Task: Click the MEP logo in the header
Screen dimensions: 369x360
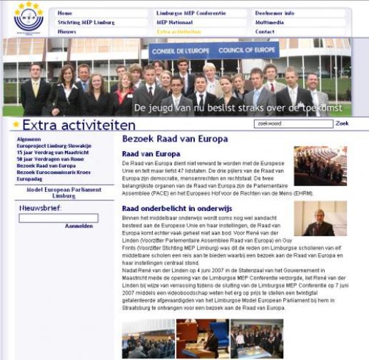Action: tap(28, 18)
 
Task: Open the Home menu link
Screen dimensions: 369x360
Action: tap(65, 14)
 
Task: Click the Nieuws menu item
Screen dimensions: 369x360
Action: tap(67, 32)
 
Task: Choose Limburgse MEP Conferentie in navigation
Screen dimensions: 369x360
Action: tap(191, 14)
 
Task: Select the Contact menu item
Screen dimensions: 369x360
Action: tap(265, 32)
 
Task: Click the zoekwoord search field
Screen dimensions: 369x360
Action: tap(293, 124)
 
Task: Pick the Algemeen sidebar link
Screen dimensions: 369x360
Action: tap(29, 139)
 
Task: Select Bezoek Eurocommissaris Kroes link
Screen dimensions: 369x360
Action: tap(54, 172)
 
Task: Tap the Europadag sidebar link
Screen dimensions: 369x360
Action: tap(29, 178)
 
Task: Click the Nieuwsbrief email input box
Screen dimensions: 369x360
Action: tap(59, 218)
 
